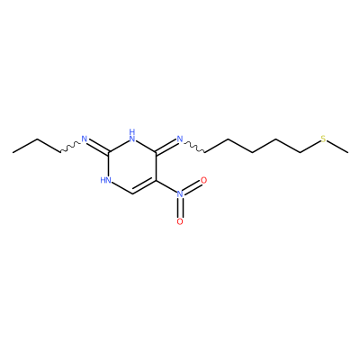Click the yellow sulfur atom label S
(x=323, y=139)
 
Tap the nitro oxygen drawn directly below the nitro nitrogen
(x=180, y=221)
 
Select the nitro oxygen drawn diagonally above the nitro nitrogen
(x=203, y=180)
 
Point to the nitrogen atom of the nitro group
(x=180, y=194)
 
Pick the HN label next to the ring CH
(x=106, y=180)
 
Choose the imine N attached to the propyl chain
(x=85, y=139)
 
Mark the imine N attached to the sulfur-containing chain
(x=180, y=139)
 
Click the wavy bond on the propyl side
(x=70, y=147)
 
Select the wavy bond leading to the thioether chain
(x=194, y=147)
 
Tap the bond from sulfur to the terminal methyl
(x=337, y=147)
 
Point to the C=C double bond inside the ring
(x=144, y=187)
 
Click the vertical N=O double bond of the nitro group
(x=180, y=208)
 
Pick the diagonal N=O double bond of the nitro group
(x=193, y=187)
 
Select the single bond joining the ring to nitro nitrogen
(x=166, y=186)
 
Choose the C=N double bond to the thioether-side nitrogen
(x=166, y=146)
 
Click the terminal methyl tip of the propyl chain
(x=13, y=153)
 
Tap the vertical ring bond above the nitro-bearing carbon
(x=157, y=166)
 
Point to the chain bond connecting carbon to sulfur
(x=310, y=147)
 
